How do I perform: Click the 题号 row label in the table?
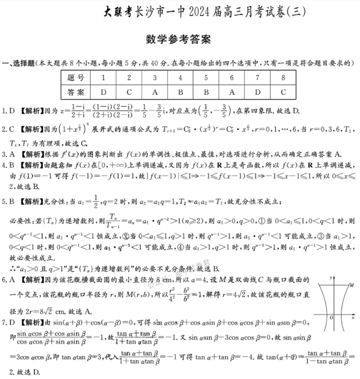pos(75,78)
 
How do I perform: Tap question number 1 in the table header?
pos(104,78)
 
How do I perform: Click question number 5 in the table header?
pos(206,78)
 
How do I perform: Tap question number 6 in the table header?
pos(232,78)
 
